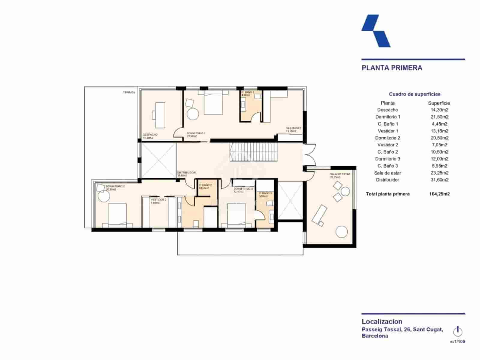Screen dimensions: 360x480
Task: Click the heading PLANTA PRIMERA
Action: [x=392, y=68]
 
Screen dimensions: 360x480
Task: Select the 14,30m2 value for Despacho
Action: [x=439, y=110]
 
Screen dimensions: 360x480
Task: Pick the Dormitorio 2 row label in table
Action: [x=387, y=138]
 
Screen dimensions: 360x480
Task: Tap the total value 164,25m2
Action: [x=439, y=194]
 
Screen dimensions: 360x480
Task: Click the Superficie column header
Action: [x=439, y=103]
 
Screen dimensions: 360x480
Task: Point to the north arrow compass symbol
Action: [x=457, y=331]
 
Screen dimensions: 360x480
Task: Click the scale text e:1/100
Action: [x=457, y=341]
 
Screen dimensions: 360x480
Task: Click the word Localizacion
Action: [x=382, y=322]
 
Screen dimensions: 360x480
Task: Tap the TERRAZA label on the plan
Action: [x=129, y=92]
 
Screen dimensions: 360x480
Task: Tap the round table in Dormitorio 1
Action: [x=193, y=114]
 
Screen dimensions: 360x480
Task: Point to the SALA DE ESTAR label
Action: [x=340, y=174]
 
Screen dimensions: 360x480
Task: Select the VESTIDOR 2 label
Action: [x=158, y=199]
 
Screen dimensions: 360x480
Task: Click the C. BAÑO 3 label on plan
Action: [x=265, y=193]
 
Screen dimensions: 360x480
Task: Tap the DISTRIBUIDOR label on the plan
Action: [x=186, y=172]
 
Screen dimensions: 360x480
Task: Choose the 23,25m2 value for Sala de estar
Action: [x=439, y=173]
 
